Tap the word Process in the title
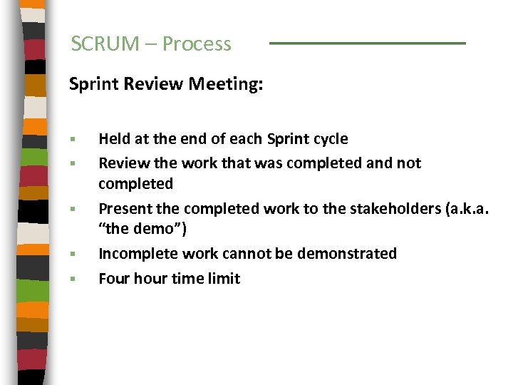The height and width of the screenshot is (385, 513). coord(197,44)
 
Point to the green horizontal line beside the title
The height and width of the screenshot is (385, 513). coord(367,43)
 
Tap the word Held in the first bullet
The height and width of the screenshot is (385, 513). coord(114,138)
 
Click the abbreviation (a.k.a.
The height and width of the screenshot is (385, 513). coord(463,209)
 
